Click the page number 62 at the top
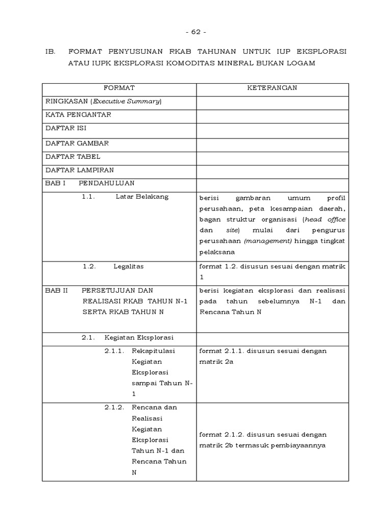195,32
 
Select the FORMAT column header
119,88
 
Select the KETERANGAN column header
272,88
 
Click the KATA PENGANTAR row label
78,115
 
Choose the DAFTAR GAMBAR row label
77,144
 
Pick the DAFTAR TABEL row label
72,157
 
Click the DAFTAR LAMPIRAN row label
80,170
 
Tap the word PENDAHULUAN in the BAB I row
107,183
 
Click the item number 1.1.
89,197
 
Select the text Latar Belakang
142,197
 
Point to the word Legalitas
129,266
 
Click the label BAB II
56,290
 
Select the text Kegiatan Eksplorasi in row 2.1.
139,338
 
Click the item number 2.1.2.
114,408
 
